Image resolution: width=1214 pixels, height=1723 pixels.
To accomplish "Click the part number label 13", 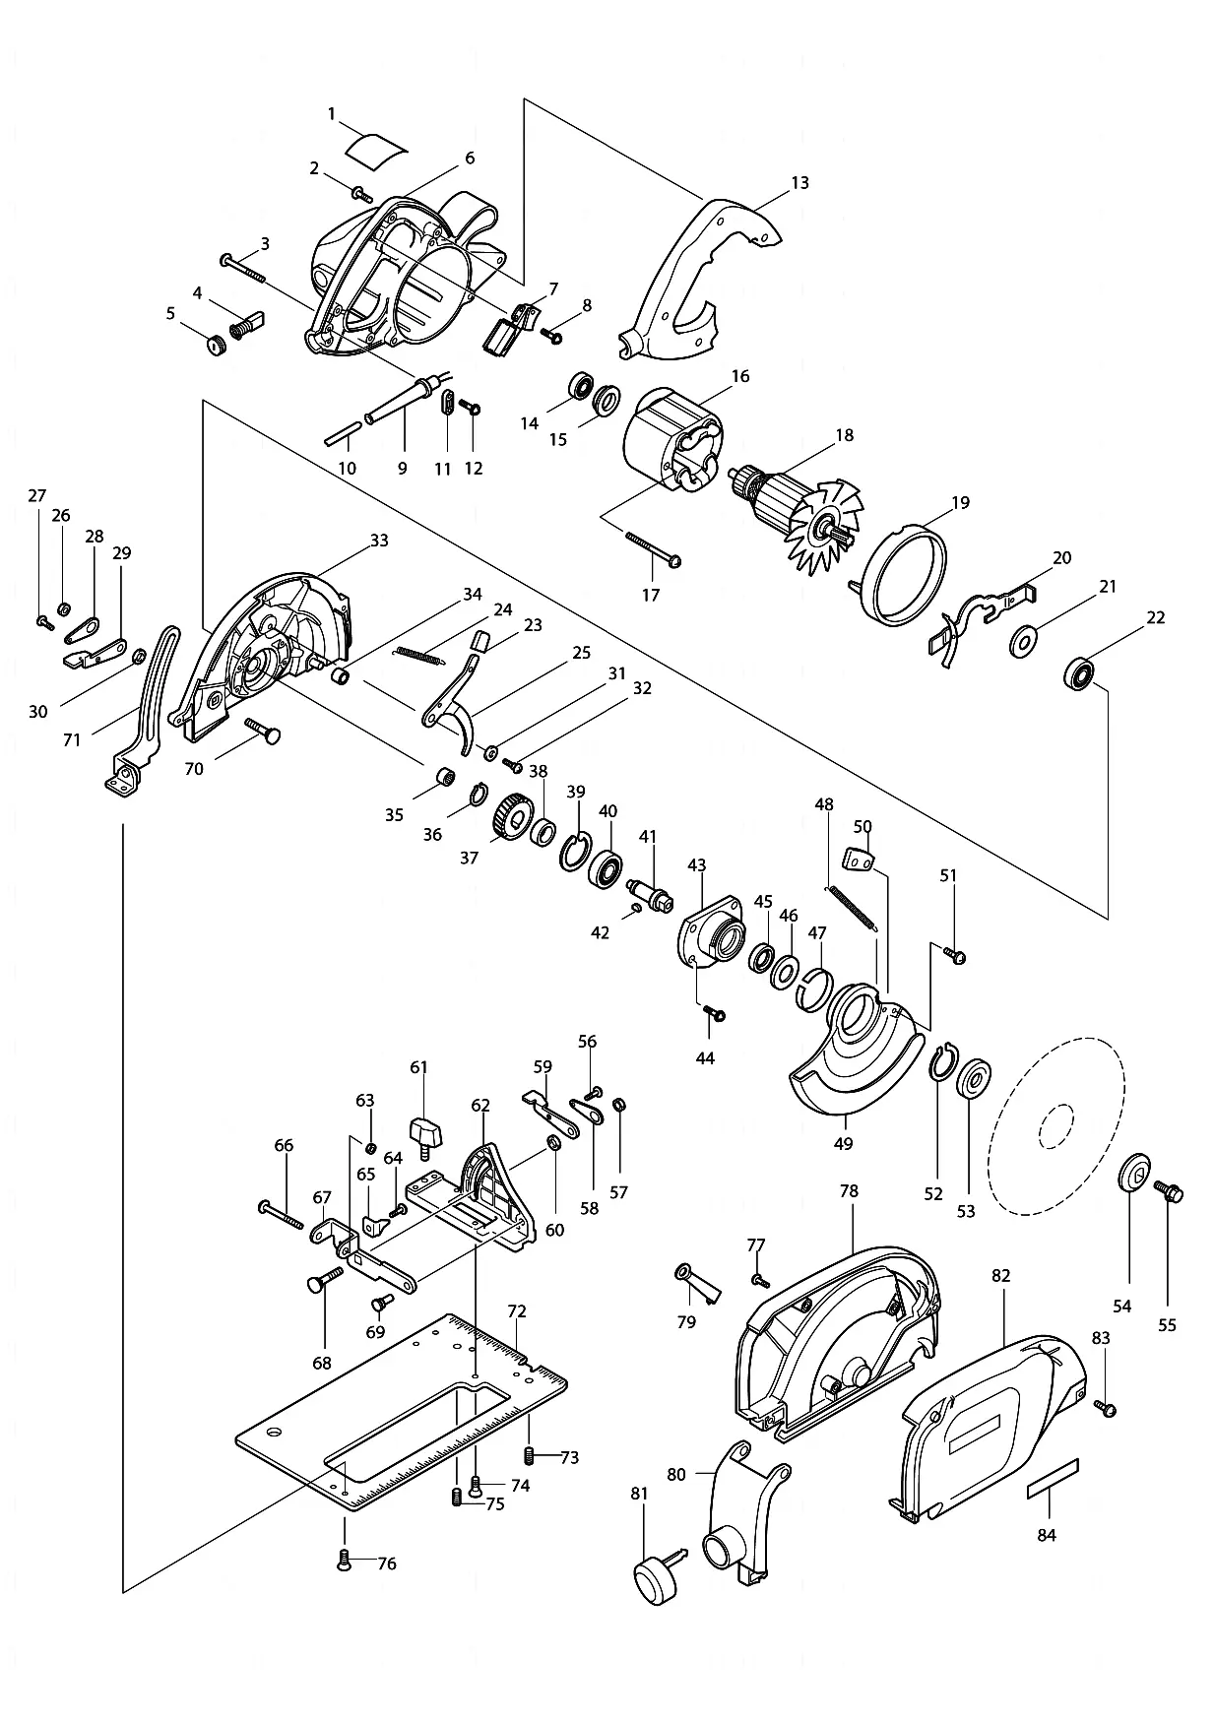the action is pos(799,183).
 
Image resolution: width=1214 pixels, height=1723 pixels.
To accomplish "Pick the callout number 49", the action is pos(844,1143).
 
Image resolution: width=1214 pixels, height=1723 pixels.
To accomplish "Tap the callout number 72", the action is pos(517,1311).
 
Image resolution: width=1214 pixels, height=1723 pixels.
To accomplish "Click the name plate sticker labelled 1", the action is pos(377,149).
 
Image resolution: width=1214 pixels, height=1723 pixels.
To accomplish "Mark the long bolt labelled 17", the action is pos(653,549).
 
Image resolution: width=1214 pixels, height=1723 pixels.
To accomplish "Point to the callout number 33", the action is pos(379,541).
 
